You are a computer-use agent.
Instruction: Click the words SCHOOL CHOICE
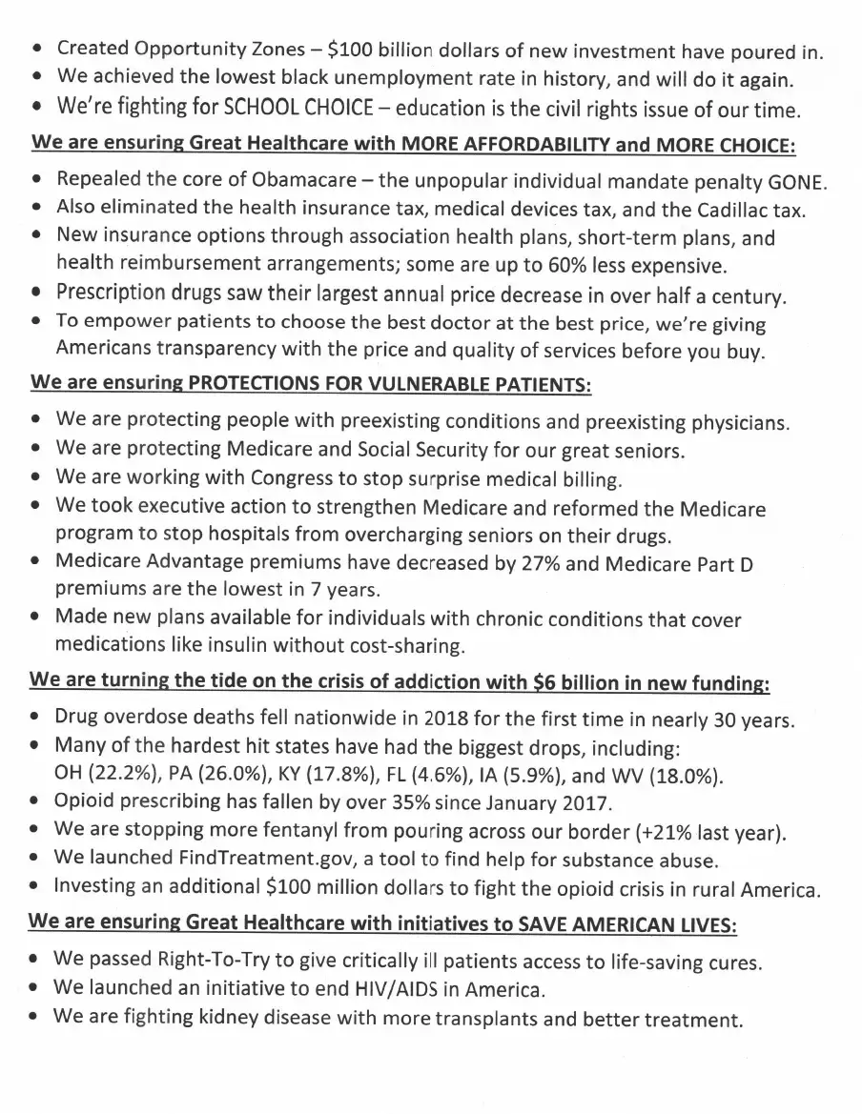click(x=295, y=108)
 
